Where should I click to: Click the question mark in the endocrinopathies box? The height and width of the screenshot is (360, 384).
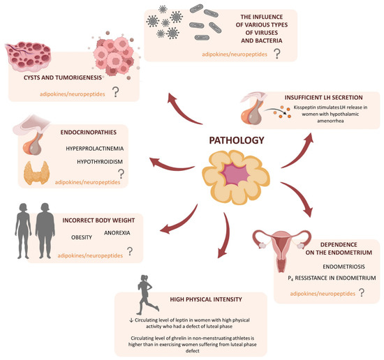[x=121, y=173]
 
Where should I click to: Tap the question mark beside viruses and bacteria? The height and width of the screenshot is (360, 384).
[x=278, y=53]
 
